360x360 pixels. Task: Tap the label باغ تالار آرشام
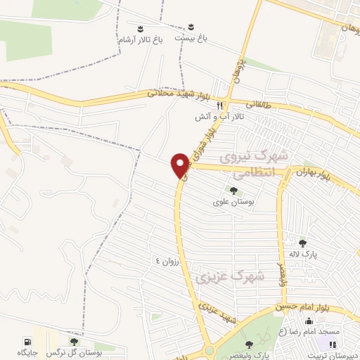click(x=140, y=41)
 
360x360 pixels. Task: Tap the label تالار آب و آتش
click(x=220, y=117)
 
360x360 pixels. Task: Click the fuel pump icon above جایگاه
click(x=27, y=342)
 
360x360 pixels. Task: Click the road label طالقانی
click(x=257, y=103)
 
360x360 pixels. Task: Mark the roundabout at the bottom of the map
click(x=209, y=351)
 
